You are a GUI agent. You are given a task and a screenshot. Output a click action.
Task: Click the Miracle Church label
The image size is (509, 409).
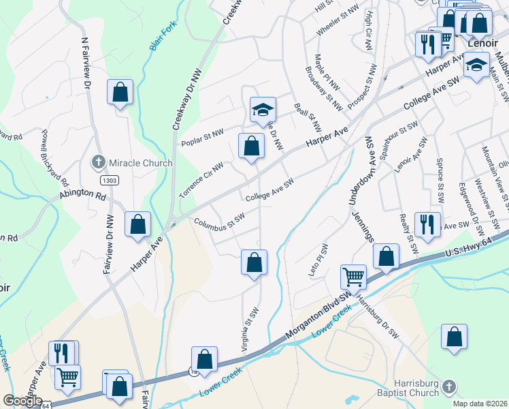point(140,163)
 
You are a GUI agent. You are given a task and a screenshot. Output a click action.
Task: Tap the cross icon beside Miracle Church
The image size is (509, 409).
point(99,163)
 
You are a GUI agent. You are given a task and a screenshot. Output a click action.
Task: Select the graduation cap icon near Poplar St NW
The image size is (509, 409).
point(263,110)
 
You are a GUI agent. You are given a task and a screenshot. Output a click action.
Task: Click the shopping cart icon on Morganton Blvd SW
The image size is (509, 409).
point(354,277)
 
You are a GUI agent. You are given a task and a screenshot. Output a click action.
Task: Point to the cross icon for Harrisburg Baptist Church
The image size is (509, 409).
point(448,388)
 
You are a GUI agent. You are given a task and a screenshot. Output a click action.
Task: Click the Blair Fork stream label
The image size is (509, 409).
point(156,39)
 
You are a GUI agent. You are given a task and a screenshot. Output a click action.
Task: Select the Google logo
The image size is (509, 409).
point(22,401)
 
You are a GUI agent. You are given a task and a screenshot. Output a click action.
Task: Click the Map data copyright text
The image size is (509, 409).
point(482,404)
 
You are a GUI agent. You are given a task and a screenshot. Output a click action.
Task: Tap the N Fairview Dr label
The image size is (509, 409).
point(86,65)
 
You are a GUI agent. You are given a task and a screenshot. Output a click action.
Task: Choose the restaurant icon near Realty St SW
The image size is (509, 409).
point(427,224)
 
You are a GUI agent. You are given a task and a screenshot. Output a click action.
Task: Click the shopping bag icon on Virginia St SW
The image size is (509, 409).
point(254,262)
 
